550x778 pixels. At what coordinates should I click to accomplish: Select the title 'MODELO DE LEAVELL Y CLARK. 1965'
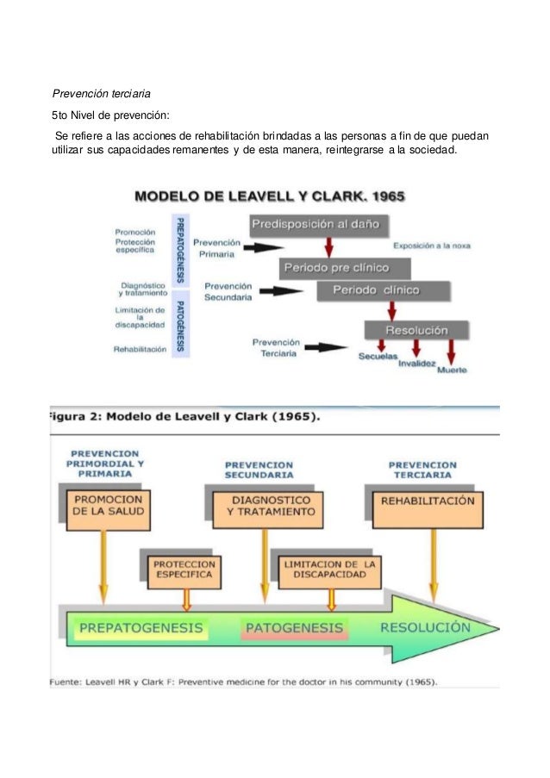270,196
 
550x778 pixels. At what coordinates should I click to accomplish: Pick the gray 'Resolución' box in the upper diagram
416,330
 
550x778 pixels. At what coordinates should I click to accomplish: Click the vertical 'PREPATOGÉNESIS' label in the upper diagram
181,250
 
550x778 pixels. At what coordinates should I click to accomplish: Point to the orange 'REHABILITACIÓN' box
428,501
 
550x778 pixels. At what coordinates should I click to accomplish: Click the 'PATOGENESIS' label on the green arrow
293,629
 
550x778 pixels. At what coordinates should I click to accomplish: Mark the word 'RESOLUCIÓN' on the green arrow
425,627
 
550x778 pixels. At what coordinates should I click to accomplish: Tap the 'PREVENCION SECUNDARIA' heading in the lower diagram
259,470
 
